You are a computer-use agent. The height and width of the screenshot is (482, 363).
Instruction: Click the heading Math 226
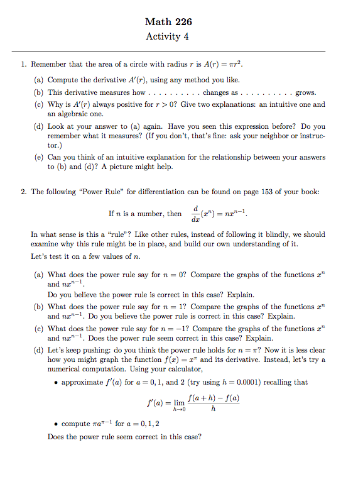click(x=167, y=22)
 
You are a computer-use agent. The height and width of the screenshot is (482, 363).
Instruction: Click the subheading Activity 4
click(x=167, y=36)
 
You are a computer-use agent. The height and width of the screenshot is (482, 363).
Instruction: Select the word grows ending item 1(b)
click(x=305, y=92)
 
